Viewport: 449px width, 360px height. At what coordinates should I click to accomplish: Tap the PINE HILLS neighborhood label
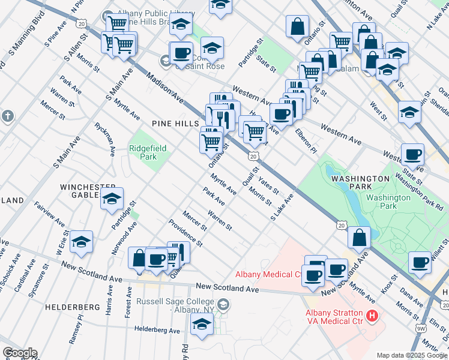pyautogui.click(x=175, y=123)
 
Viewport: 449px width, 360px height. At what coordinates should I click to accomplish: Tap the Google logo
pyautogui.click(x=20, y=353)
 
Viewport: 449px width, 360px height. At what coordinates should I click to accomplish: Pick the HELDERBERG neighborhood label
pyautogui.click(x=72, y=307)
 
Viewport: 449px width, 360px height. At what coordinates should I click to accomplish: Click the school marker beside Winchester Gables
pyautogui.click(x=112, y=200)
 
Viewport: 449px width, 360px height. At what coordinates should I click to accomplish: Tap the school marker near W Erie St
pyautogui.click(x=81, y=242)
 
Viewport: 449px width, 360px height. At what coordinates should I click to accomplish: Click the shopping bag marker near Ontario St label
pyautogui.click(x=298, y=26)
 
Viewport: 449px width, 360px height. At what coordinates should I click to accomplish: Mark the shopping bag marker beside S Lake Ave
pyautogui.click(x=359, y=237)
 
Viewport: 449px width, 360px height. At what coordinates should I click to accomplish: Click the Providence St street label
pyautogui.click(x=185, y=236)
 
